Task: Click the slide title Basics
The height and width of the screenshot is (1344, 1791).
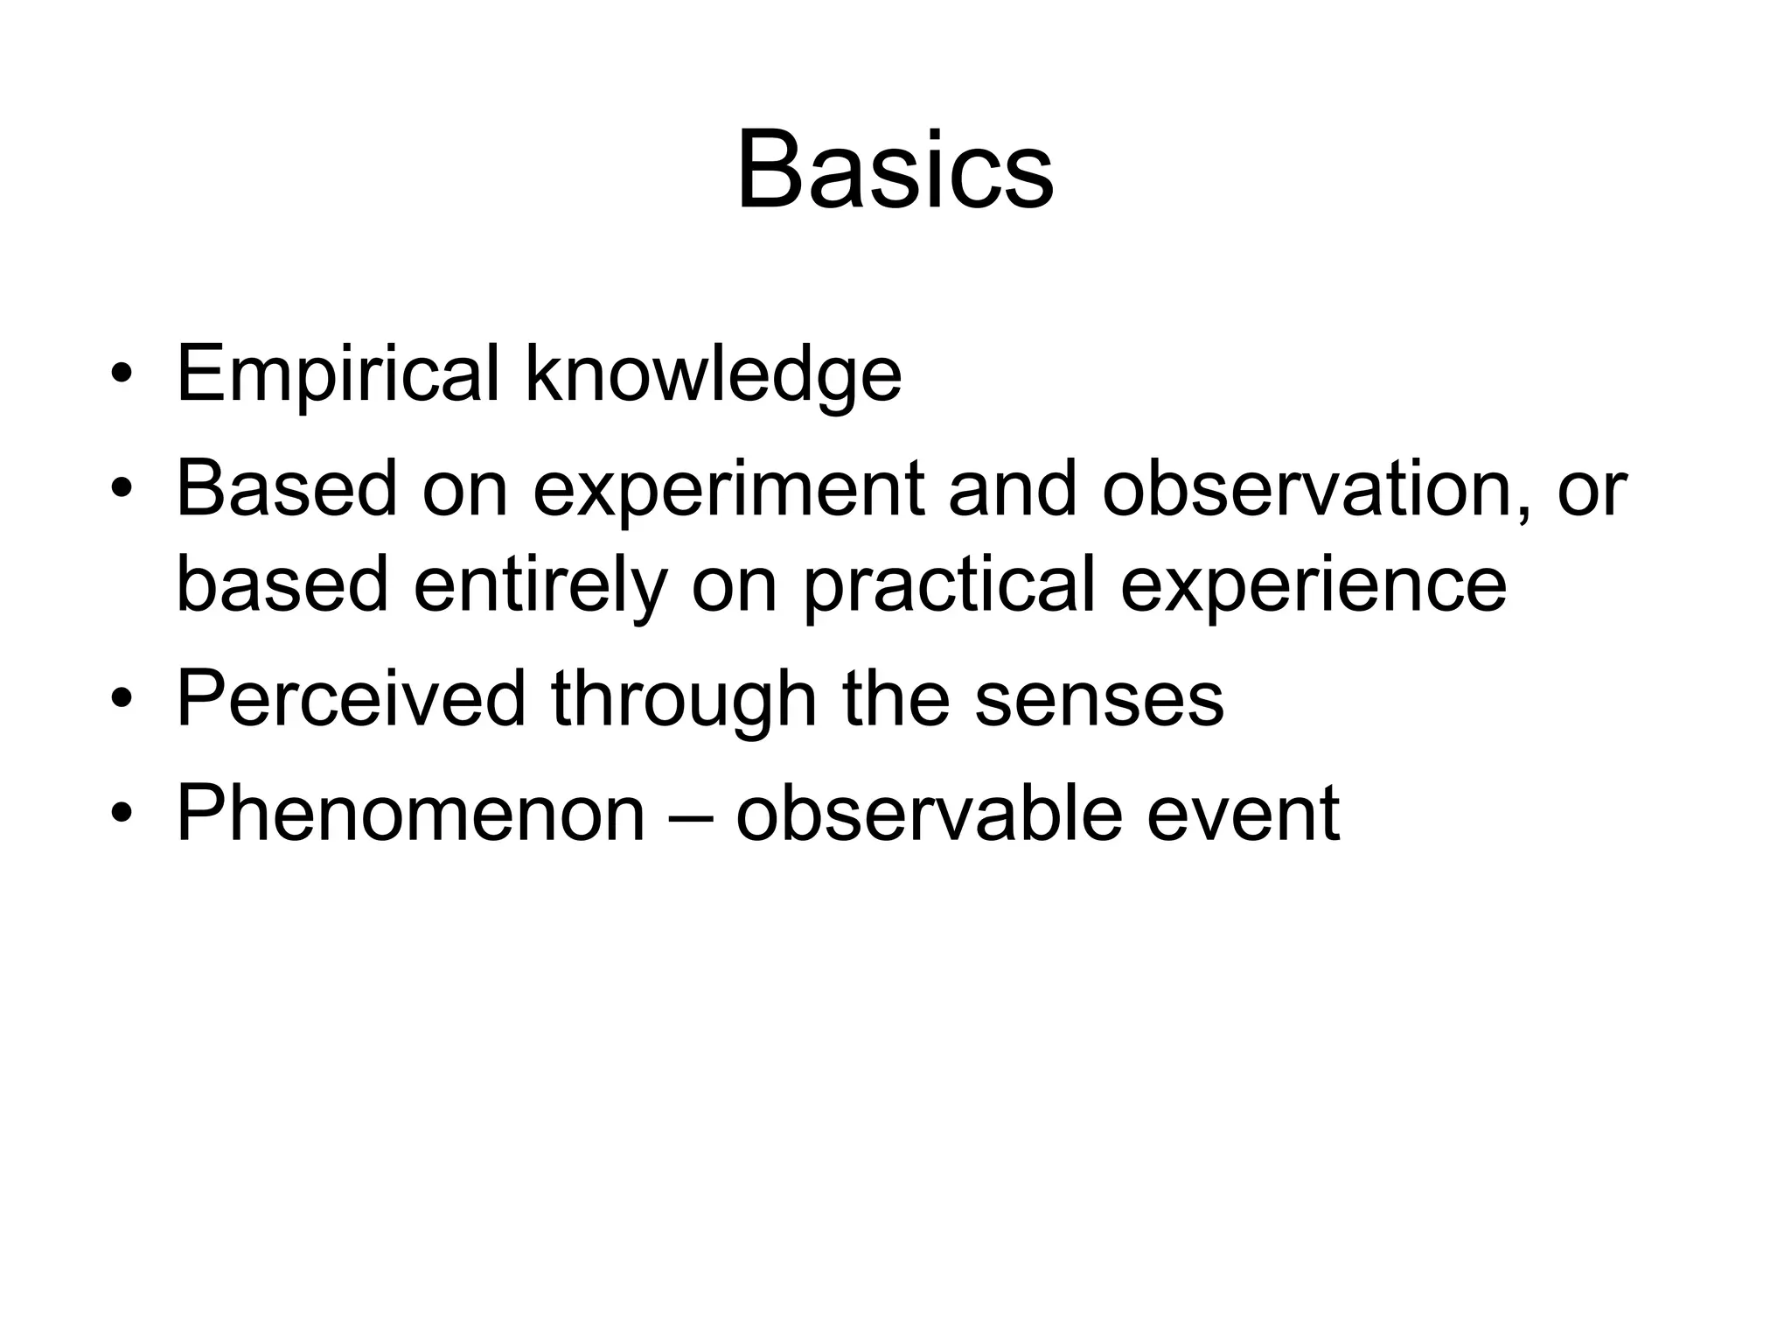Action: [x=895, y=171]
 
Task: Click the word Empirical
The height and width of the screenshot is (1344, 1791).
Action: [x=338, y=374]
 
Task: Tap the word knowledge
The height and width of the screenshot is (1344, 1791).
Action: [x=713, y=374]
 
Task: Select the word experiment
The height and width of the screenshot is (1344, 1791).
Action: [x=728, y=490]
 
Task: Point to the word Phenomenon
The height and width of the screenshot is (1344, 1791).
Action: [x=410, y=814]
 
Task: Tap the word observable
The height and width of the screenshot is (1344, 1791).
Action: [x=929, y=814]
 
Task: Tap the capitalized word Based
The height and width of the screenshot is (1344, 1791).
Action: [x=287, y=490]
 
